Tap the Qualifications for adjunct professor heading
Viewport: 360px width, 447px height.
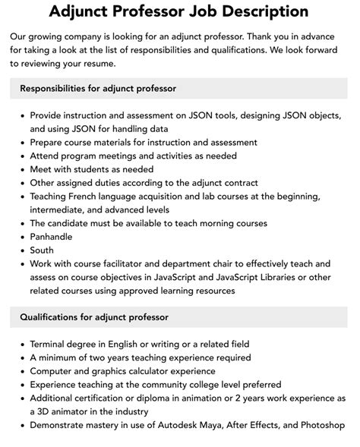[94, 316]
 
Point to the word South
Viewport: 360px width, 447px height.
[42, 250]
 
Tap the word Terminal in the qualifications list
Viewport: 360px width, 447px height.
[51, 344]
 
